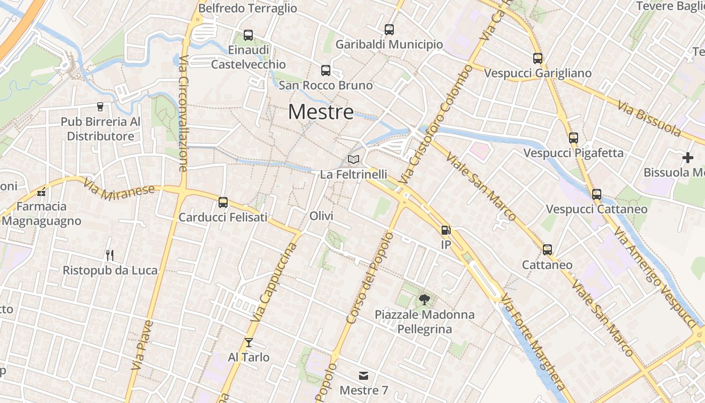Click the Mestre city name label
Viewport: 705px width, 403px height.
click(x=321, y=112)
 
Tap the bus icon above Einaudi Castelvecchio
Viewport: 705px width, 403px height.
click(x=248, y=35)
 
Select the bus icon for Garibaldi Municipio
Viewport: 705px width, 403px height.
click(x=389, y=30)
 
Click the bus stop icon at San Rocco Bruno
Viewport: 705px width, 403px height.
click(x=326, y=71)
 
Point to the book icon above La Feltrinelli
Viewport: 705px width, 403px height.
click(x=354, y=160)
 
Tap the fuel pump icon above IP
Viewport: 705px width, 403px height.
click(x=446, y=230)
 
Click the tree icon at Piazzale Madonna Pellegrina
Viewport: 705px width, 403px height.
click(x=425, y=300)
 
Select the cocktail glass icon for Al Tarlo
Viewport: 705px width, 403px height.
click(x=249, y=343)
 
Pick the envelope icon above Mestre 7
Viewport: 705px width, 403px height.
click(x=364, y=376)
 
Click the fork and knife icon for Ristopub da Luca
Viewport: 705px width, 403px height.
click(x=110, y=255)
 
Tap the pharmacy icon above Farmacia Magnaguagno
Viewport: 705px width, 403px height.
click(x=41, y=191)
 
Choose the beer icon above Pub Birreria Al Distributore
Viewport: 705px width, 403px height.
click(x=100, y=107)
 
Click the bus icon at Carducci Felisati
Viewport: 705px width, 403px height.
click(x=223, y=203)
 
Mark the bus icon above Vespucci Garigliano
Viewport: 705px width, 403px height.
click(x=538, y=58)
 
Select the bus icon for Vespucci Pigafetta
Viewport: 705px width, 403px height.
click(x=574, y=138)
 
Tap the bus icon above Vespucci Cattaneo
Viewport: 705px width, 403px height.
click(x=597, y=194)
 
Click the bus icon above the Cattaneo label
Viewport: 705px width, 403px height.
click(x=547, y=249)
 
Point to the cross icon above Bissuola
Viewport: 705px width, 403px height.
click(x=688, y=158)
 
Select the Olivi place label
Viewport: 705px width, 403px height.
click(x=321, y=216)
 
